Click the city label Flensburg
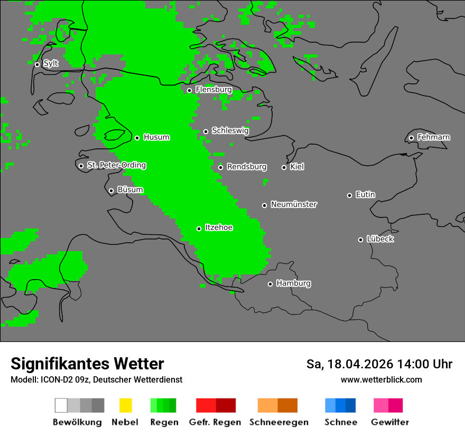[213, 90]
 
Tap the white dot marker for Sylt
[37, 64]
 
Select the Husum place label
[156, 137]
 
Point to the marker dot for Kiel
[284, 167]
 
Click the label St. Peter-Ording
[116, 165]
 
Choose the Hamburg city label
[293, 283]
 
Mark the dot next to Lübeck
[360, 240]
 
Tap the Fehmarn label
[433, 137]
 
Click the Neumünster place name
[294, 204]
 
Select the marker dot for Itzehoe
[199, 228]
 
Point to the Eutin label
[365, 195]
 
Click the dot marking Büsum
[111, 191]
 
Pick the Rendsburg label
[247, 167]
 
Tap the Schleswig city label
[230, 131]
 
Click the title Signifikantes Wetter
[87, 364]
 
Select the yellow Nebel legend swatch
[125, 405]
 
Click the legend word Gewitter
[389, 422]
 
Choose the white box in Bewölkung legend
[61, 405]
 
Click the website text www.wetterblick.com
[381, 379]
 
